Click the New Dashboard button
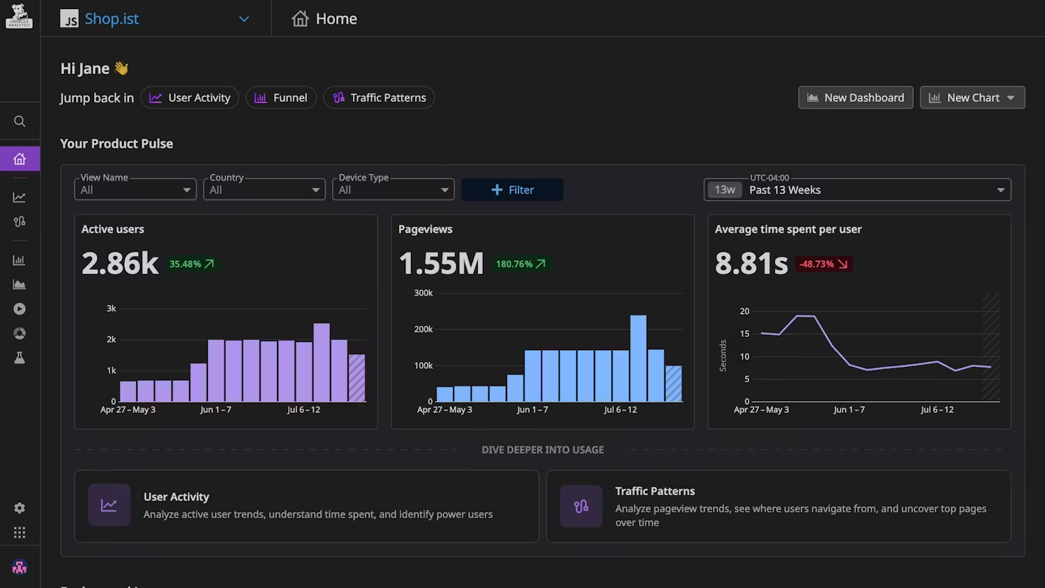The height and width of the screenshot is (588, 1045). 855,98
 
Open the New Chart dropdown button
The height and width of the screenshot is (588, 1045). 972,98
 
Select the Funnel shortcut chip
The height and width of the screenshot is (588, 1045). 281,98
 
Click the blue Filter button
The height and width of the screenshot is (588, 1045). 512,190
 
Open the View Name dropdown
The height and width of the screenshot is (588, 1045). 135,190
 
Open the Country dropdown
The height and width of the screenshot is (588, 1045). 264,190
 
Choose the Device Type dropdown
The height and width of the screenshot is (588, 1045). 393,190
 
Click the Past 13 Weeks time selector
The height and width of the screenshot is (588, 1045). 857,190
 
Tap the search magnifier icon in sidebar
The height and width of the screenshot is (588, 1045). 20,121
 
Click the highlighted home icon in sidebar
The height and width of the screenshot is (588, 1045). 20,159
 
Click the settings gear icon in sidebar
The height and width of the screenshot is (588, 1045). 20,508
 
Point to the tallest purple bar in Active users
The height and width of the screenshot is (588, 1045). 322,363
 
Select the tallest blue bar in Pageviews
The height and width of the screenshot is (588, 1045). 638,359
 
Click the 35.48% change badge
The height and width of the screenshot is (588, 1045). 192,264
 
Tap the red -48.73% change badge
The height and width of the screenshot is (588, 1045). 823,264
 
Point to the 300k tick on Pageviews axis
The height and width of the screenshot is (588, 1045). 423,293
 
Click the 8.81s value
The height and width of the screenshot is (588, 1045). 751,264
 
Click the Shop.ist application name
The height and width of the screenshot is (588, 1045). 112,19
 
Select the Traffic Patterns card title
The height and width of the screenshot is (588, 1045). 654,491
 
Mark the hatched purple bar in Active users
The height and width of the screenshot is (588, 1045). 357,378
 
